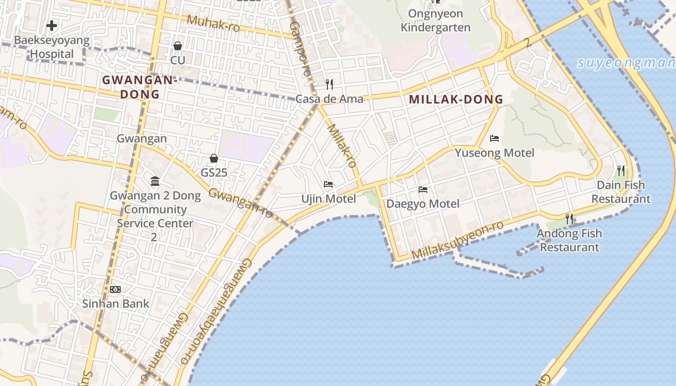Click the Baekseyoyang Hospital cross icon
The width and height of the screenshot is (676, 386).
pyautogui.click(x=52, y=25)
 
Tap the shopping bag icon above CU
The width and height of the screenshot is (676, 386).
pyautogui.click(x=178, y=46)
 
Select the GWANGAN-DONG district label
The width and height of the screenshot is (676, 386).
pyautogui.click(x=140, y=87)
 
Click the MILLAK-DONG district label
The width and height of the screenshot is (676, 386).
pyautogui.click(x=456, y=99)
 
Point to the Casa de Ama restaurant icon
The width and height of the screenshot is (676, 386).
pyautogui.click(x=329, y=84)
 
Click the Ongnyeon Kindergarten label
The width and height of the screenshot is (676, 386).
pyautogui.click(x=436, y=20)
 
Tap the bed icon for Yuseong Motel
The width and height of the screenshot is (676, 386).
pyautogui.click(x=494, y=138)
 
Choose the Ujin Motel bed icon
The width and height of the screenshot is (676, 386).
pyautogui.click(x=328, y=184)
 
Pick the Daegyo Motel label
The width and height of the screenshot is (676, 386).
pyautogui.click(x=423, y=204)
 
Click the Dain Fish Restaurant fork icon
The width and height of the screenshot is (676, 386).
pyautogui.click(x=621, y=170)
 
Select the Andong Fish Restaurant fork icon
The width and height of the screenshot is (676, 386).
pyautogui.click(x=569, y=219)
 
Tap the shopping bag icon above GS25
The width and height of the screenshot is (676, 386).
pyautogui.click(x=214, y=158)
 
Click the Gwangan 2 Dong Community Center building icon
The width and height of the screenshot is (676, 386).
pyautogui.click(x=155, y=181)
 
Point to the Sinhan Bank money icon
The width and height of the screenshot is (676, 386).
pyautogui.click(x=115, y=289)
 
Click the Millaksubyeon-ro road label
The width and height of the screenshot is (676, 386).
pyautogui.click(x=457, y=240)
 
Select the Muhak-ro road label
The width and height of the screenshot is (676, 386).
pyautogui.click(x=213, y=23)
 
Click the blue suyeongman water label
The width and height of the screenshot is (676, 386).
pyautogui.click(x=626, y=63)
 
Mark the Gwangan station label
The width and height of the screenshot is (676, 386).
pyautogui.click(x=142, y=138)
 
